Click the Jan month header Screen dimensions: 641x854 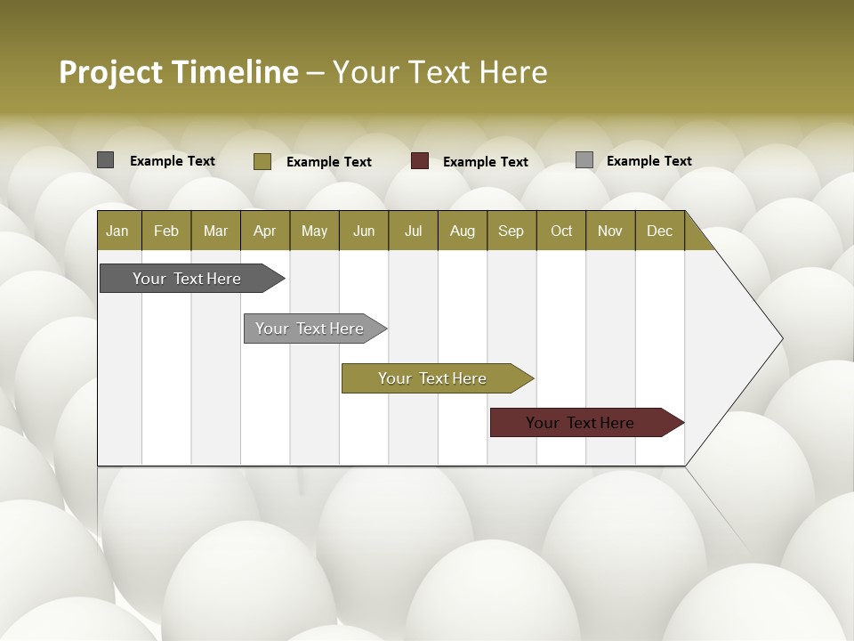[117, 231]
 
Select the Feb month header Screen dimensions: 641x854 [166, 231]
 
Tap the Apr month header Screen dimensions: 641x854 [264, 231]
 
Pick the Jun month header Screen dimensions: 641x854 [364, 231]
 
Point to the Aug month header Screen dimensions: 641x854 [462, 231]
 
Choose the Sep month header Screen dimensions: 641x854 [511, 231]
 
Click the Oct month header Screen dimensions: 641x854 [561, 231]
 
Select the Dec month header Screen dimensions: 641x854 [659, 231]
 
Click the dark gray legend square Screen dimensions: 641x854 [105, 160]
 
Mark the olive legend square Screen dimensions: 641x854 [262, 161]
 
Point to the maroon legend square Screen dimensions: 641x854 [420, 161]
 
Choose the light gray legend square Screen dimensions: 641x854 [584, 160]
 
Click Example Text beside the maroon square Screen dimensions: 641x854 [486, 162]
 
